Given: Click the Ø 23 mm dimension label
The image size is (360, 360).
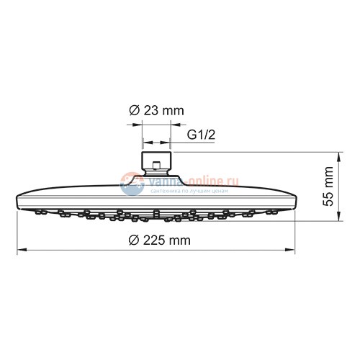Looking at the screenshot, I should pos(156,111).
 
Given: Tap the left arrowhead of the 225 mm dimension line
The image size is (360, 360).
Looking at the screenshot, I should pos(19,250).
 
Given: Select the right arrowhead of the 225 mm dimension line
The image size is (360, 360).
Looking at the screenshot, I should pos(293,250).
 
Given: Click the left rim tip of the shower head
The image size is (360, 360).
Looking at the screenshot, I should pos(16,200).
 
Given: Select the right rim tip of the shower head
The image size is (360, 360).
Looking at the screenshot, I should pos(297,200).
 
